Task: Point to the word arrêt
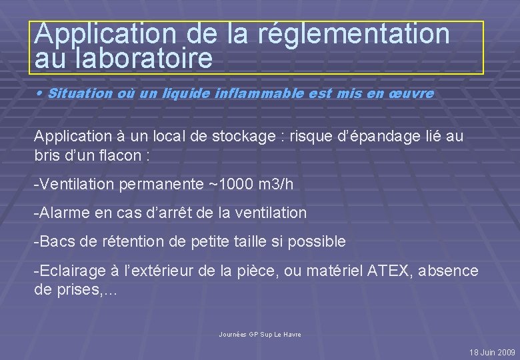click(177, 213)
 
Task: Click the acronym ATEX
click(375, 271)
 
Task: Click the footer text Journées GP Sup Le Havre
click(260, 334)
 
